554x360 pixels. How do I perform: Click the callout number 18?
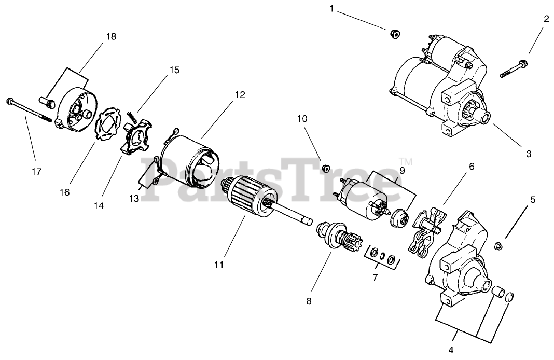[111, 37]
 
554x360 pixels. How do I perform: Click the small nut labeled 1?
[394, 35]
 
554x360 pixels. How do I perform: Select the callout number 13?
[133, 198]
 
